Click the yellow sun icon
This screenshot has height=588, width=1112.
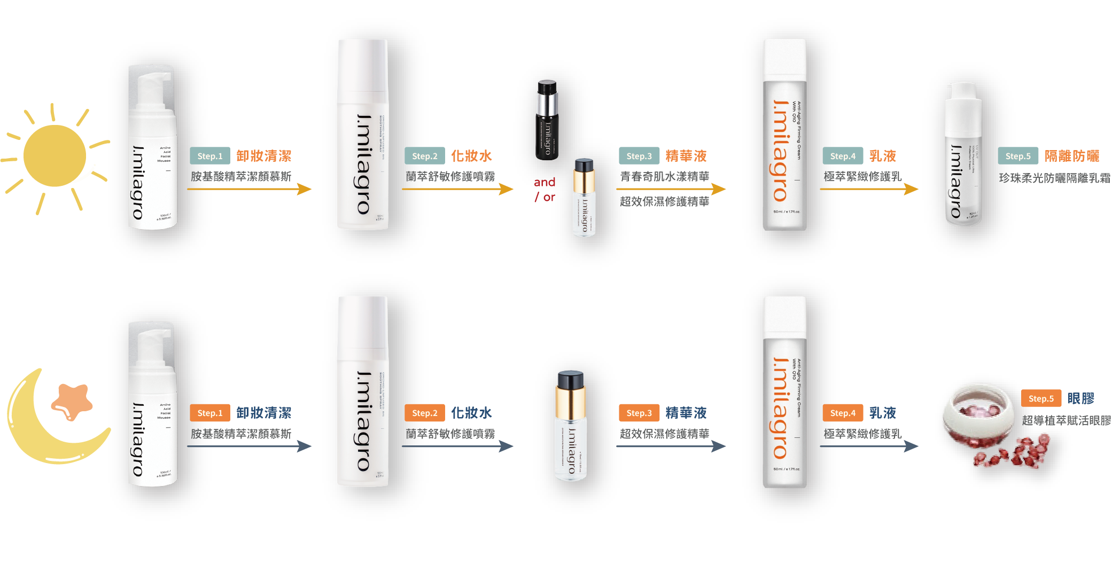(55, 156)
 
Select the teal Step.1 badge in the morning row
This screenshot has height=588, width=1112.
(209, 156)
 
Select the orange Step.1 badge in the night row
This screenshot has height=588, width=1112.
(209, 413)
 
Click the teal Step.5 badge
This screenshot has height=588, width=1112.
(1017, 156)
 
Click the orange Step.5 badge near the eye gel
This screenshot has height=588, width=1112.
(1040, 398)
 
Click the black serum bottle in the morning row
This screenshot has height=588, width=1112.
(547, 120)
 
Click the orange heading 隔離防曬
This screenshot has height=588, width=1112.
(1072, 156)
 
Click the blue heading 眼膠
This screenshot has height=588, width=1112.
(1080, 398)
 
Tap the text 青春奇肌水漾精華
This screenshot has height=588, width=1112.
(664, 176)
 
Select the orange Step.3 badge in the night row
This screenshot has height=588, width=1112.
(639, 413)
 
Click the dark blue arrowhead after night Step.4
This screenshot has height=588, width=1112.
(911, 446)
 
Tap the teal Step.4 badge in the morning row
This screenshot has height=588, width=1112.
(842, 156)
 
